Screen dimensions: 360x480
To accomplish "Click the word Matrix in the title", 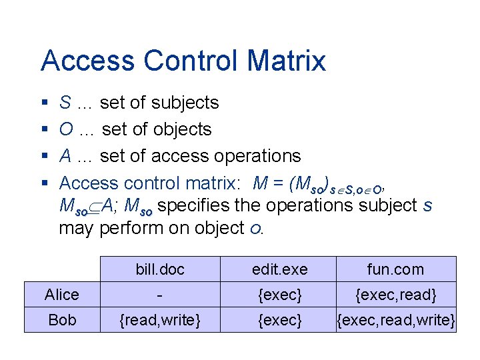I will pyautogui.click(x=286, y=61).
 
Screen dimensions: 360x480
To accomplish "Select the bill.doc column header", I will pyautogui.click(x=160, y=269).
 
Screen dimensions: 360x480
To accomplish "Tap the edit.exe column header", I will pyautogui.click(x=280, y=269).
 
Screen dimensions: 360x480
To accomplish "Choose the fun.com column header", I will pyautogui.click(x=395, y=269).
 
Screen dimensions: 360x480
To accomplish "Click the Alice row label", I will pyautogui.click(x=62, y=295).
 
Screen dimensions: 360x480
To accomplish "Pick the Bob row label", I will pyautogui.click(x=62, y=320).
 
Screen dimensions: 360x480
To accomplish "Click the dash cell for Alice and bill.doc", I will pyautogui.click(x=160, y=295).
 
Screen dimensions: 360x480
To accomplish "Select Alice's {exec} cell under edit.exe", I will pyautogui.click(x=280, y=295).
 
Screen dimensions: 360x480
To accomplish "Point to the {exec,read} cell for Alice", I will pyautogui.click(x=395, y=295).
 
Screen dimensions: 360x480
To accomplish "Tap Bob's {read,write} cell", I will pyautogui.click(x=160, y=320).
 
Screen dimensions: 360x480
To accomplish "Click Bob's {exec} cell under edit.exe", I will pyautogui.click(x=280, y=320).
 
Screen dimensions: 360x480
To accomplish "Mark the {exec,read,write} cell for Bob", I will pyautogui.click(x=396, y=320).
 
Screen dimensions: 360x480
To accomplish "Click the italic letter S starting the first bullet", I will pyautogui.click(x=65, y=103).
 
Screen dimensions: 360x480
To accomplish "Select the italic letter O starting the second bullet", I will pyautogui.click(x=66, y=129).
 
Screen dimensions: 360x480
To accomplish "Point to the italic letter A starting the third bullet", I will pyautogui.click(x=65, y=156).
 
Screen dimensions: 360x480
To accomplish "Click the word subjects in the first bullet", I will pyautogui.click(x=185, y=103).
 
